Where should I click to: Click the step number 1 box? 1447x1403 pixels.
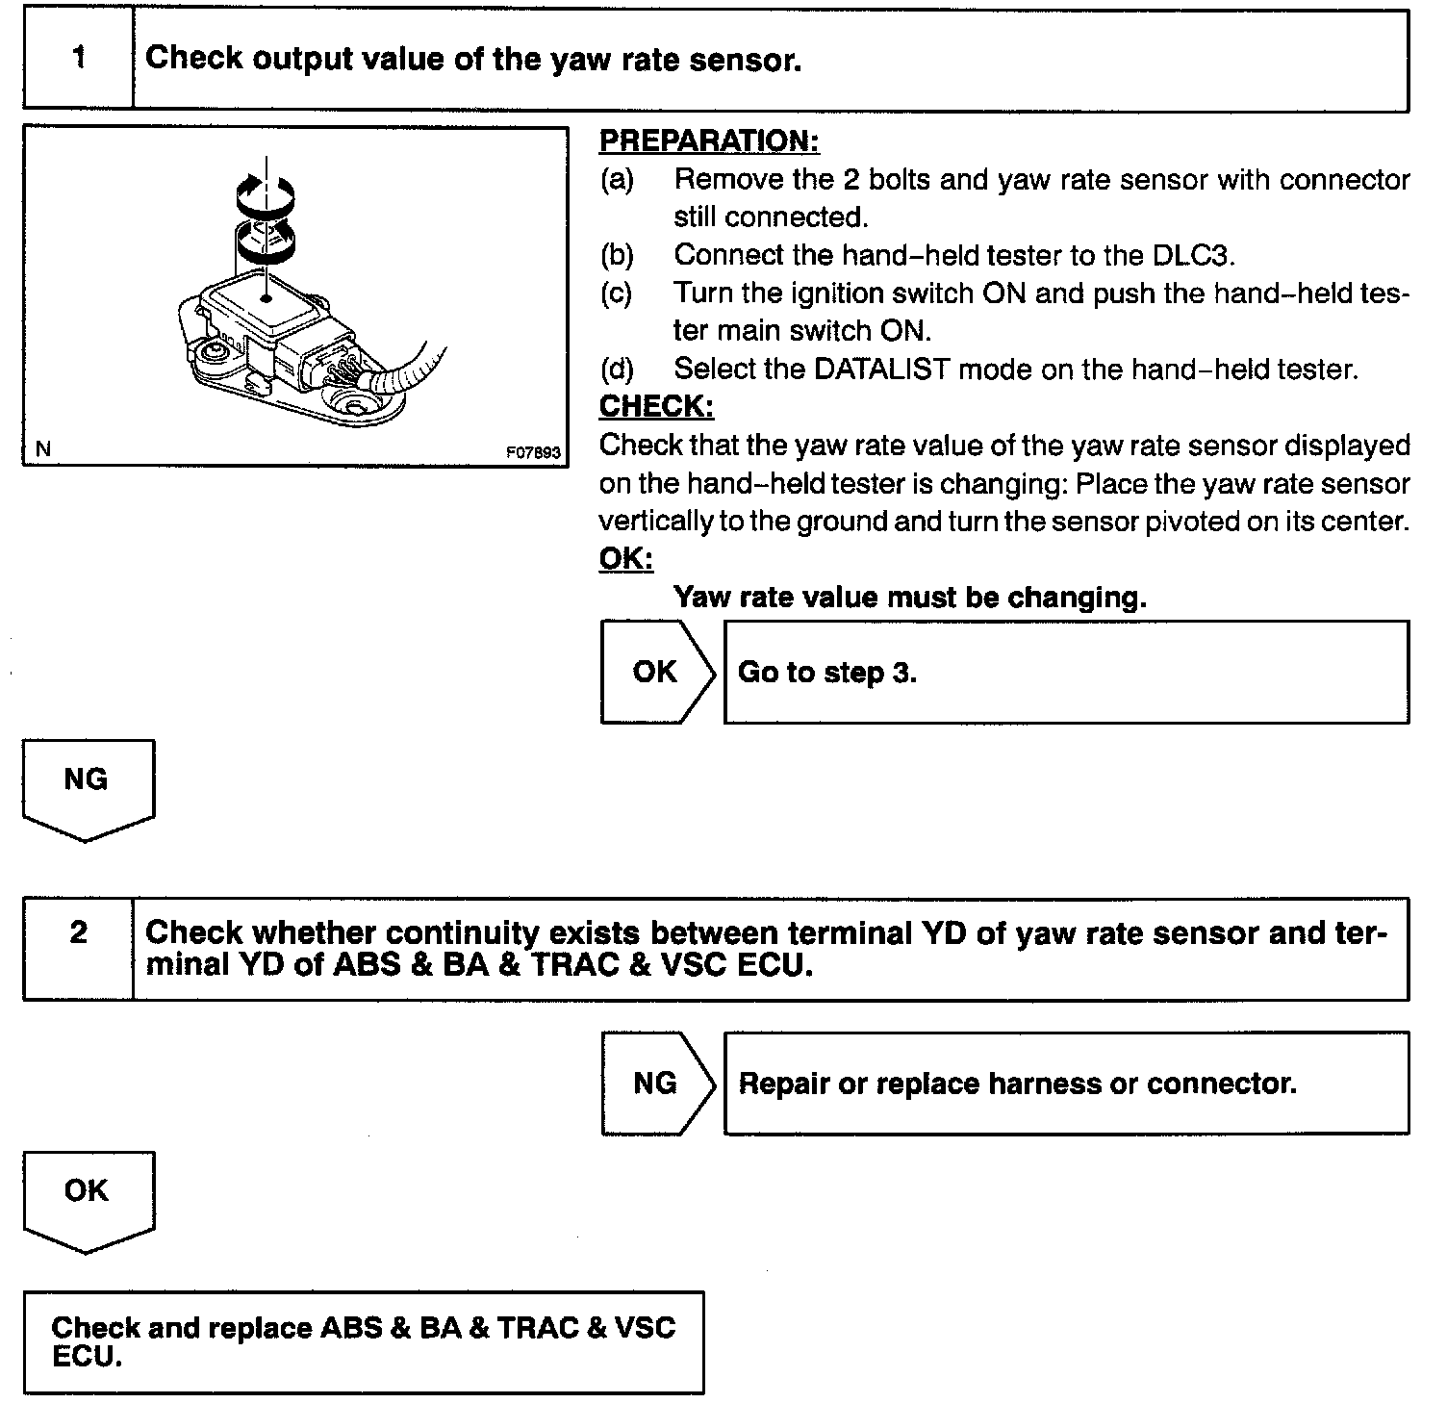78,59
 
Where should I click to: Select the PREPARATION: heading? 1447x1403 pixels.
708,140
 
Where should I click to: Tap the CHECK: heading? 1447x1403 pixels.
656,406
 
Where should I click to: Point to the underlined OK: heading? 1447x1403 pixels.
625,558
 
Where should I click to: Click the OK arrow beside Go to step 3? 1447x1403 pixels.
657,672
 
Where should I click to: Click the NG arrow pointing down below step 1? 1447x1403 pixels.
87,784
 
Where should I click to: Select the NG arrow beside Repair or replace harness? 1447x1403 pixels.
657,1084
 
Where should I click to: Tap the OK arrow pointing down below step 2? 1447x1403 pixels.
87,1195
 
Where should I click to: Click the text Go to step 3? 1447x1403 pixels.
827,672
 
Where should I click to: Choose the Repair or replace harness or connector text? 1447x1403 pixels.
1017,1084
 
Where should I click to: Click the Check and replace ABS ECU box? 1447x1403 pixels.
364,1341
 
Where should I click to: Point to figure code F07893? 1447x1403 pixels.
533,452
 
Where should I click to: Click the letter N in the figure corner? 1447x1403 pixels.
42,448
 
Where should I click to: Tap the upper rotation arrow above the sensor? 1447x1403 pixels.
267,194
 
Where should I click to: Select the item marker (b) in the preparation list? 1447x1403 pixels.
617,255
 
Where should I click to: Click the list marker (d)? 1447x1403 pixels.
617,369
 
